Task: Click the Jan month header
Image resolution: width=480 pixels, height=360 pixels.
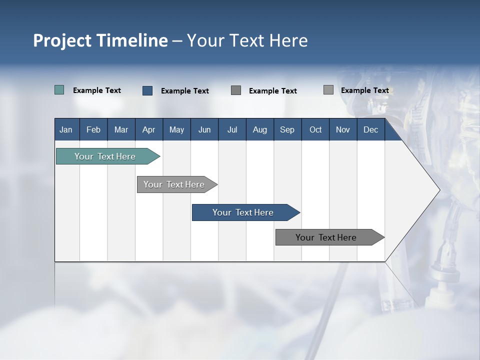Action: (x=66, y=129)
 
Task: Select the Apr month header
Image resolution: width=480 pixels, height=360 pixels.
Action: (x=148, y=129)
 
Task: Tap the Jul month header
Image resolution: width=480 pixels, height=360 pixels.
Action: (x=232, y=129)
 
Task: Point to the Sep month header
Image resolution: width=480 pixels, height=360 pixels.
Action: (x=287, y=129)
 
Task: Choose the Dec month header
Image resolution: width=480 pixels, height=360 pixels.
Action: (x=370, y=129)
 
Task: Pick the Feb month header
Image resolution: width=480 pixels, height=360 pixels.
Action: (x=93, y=129)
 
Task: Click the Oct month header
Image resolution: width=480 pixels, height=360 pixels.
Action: (x=315, y=129)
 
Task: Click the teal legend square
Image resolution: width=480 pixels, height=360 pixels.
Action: (x=59, y=90)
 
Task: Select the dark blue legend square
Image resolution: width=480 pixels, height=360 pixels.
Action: (x=147, y=90)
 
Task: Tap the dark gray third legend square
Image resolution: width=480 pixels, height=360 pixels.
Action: (x=236, y=90)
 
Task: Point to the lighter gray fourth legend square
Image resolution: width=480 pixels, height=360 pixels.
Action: (x=328, y=90)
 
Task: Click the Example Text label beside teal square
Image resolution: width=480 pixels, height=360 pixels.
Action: (x=97, y=90)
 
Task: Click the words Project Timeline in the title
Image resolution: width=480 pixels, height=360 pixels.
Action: (x=100, y=40)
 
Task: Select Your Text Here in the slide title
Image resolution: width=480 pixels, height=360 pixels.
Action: (x=247, y=40)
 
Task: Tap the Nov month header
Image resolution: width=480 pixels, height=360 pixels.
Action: (x=343, y=129)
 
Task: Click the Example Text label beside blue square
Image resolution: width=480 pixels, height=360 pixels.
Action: (x=185, y=91)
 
